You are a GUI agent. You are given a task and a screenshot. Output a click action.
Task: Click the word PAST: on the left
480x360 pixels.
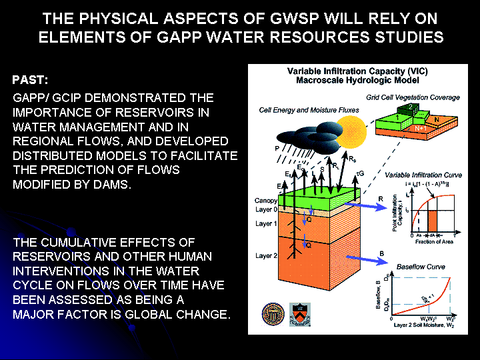[30, 81]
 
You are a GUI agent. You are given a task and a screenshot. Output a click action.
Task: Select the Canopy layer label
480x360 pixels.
[266, 201]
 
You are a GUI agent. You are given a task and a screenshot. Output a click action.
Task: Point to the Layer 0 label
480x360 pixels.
[266, 210]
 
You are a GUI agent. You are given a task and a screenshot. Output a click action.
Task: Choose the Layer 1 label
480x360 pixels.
[266, 223]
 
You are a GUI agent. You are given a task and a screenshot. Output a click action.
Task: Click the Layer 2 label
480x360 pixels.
[266, 255]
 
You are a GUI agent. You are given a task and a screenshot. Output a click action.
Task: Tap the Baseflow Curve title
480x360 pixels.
[421, 267]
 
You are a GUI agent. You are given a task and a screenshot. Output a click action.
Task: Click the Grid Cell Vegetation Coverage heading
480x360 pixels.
[413, 97]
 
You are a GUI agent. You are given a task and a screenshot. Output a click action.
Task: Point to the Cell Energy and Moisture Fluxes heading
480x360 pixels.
[300, 110]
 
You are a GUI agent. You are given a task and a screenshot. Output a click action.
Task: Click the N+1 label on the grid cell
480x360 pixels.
[421, 129]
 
